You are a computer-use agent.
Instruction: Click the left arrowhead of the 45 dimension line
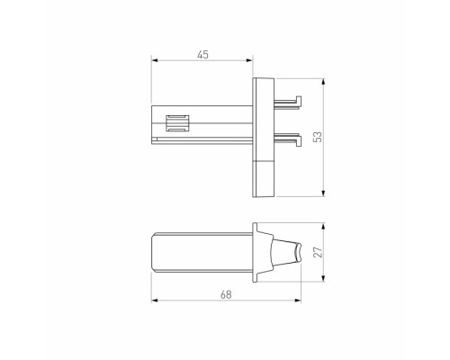coord(153,62)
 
